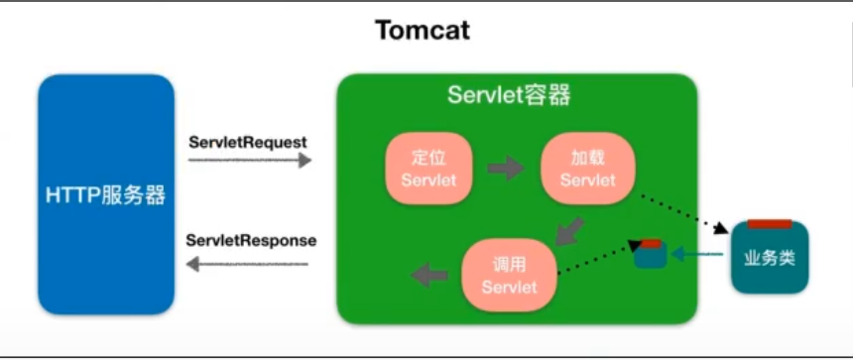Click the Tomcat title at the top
pyautogui.click(x=423, y=31)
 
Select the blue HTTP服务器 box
pyautogui.click(x=105, y=194)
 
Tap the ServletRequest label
pyautogui.click(x=248, y=142)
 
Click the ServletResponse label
pyautogui.click(x=251, y=240)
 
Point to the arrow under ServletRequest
pyautogui.click(x=249, y=160)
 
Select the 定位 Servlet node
pyautogui.click(x=428, y=168)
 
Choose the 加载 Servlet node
pyautogui.click(x=587, y=168)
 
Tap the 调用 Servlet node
pyautogui.click(x=509, y=275)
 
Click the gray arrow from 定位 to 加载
pyautogui.click(x=506, y=168)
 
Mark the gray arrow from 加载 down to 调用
pyautogui.click(x=567, y=232)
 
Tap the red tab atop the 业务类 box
pyautogui.click(x=770, y=224)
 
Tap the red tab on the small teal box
pyautogui.click(x=651, y=244)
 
